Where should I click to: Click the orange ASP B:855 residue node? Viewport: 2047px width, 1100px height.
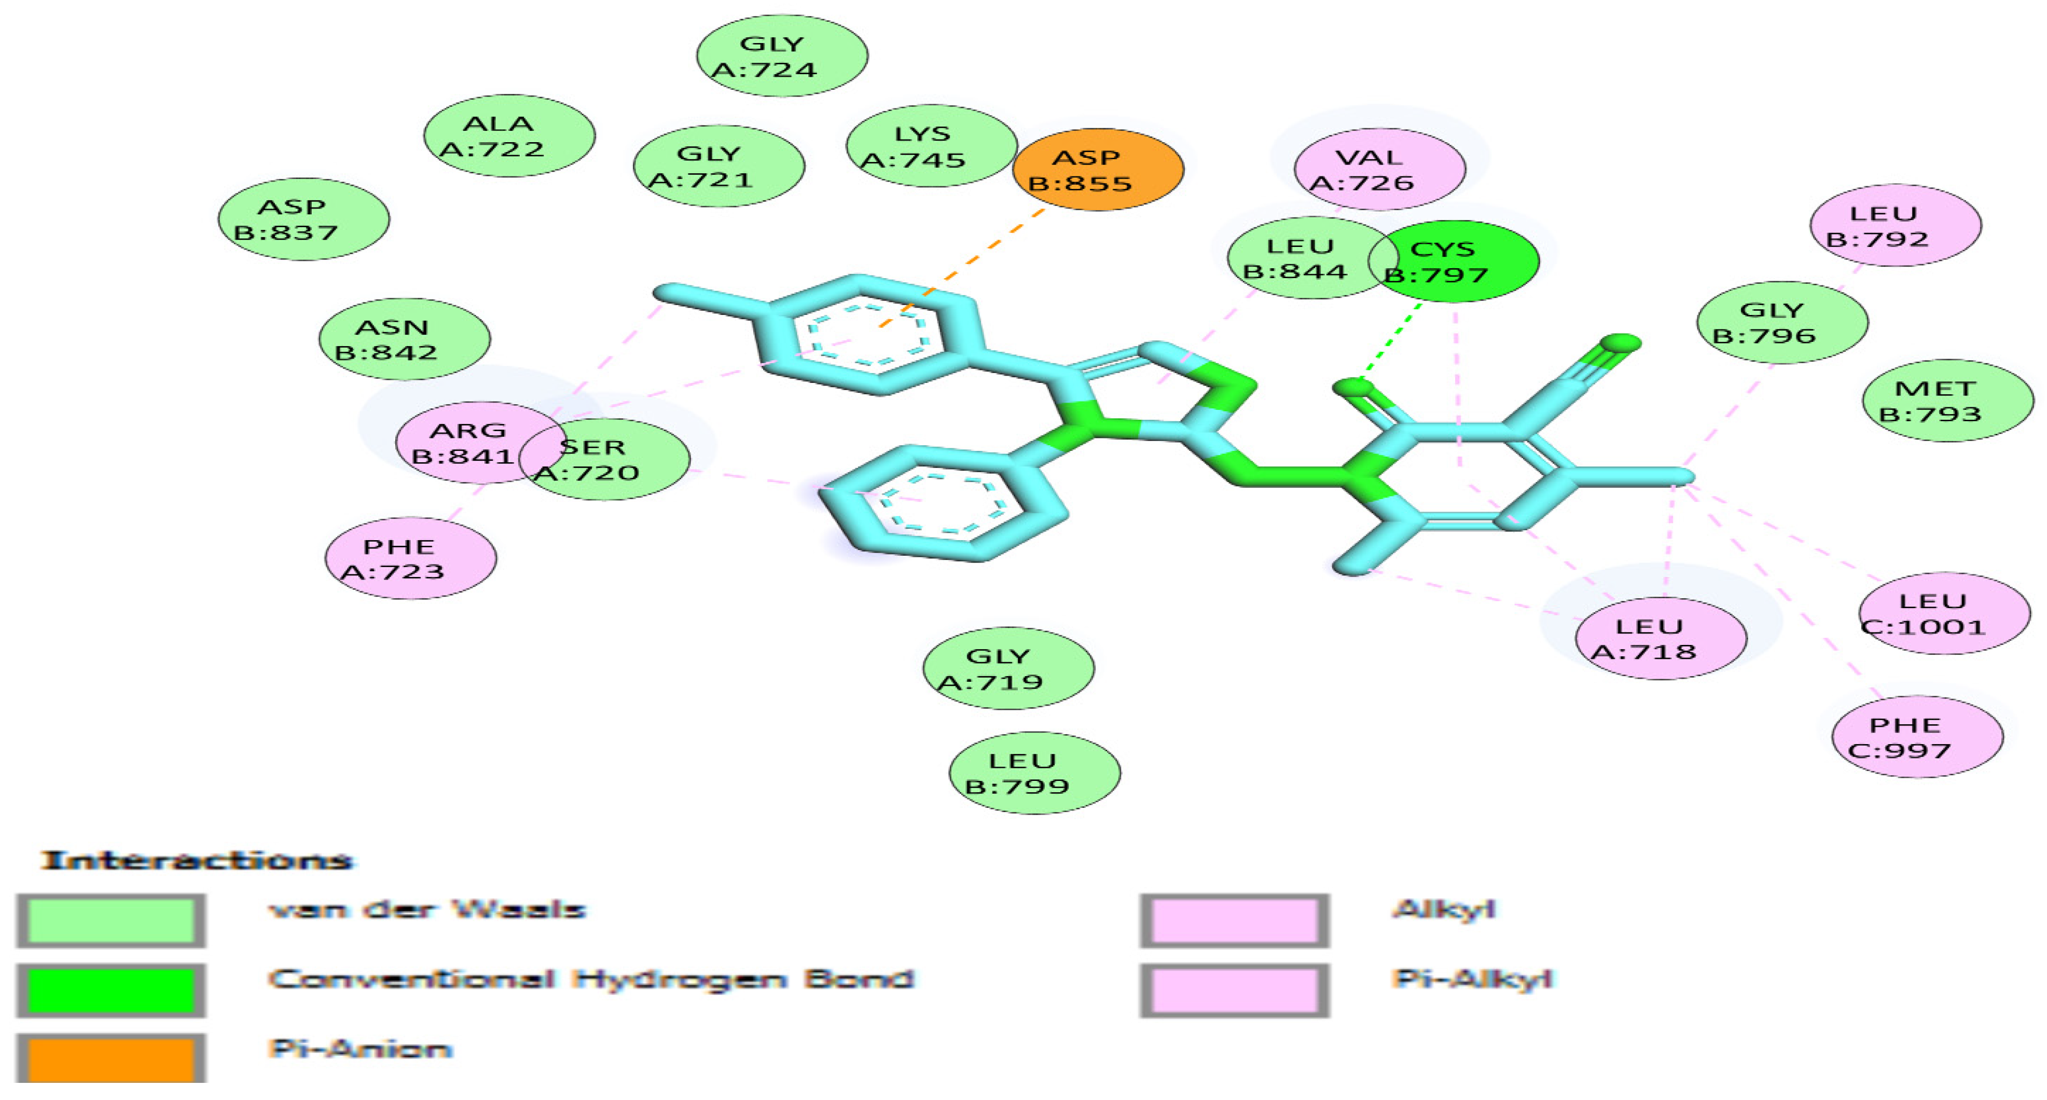(1098, 170)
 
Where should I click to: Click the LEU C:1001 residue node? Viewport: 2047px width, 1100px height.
(1944, 614)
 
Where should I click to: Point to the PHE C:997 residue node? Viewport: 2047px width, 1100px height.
(1917, 738)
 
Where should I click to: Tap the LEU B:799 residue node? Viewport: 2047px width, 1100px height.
(1034, 773)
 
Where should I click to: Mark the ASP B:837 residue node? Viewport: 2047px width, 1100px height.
(303, 219)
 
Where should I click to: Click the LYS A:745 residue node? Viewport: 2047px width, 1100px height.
(931, 146)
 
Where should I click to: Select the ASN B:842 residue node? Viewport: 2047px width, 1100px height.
(405, 339)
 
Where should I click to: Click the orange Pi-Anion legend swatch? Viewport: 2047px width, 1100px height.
(110, 1058)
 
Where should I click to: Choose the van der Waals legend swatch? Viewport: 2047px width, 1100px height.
(110, 921)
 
